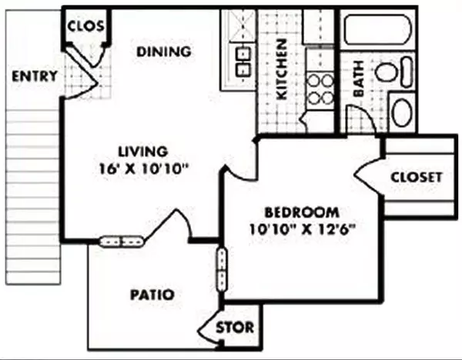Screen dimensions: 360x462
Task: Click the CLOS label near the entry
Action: (x=85, y=26)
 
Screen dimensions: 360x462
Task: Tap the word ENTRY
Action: (x=35, y=75)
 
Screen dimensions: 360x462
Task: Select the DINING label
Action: (x=163, y=52)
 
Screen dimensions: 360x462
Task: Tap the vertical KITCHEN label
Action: (x=281, y=69)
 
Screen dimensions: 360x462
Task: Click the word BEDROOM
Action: (x=302, y=212)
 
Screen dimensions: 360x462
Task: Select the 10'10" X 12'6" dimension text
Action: (x=302, y=228)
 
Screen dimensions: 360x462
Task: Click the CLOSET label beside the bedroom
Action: (x=416, y=177)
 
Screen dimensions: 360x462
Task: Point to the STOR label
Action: (x=234, y=328)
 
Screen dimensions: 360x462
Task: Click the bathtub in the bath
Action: (x=377, y=31)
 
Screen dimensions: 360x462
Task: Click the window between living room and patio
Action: (x=122, y=242)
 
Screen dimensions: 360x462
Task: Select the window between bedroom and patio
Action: (x=222, y=268)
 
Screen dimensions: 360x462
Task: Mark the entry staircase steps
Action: (x=32, y=192)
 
